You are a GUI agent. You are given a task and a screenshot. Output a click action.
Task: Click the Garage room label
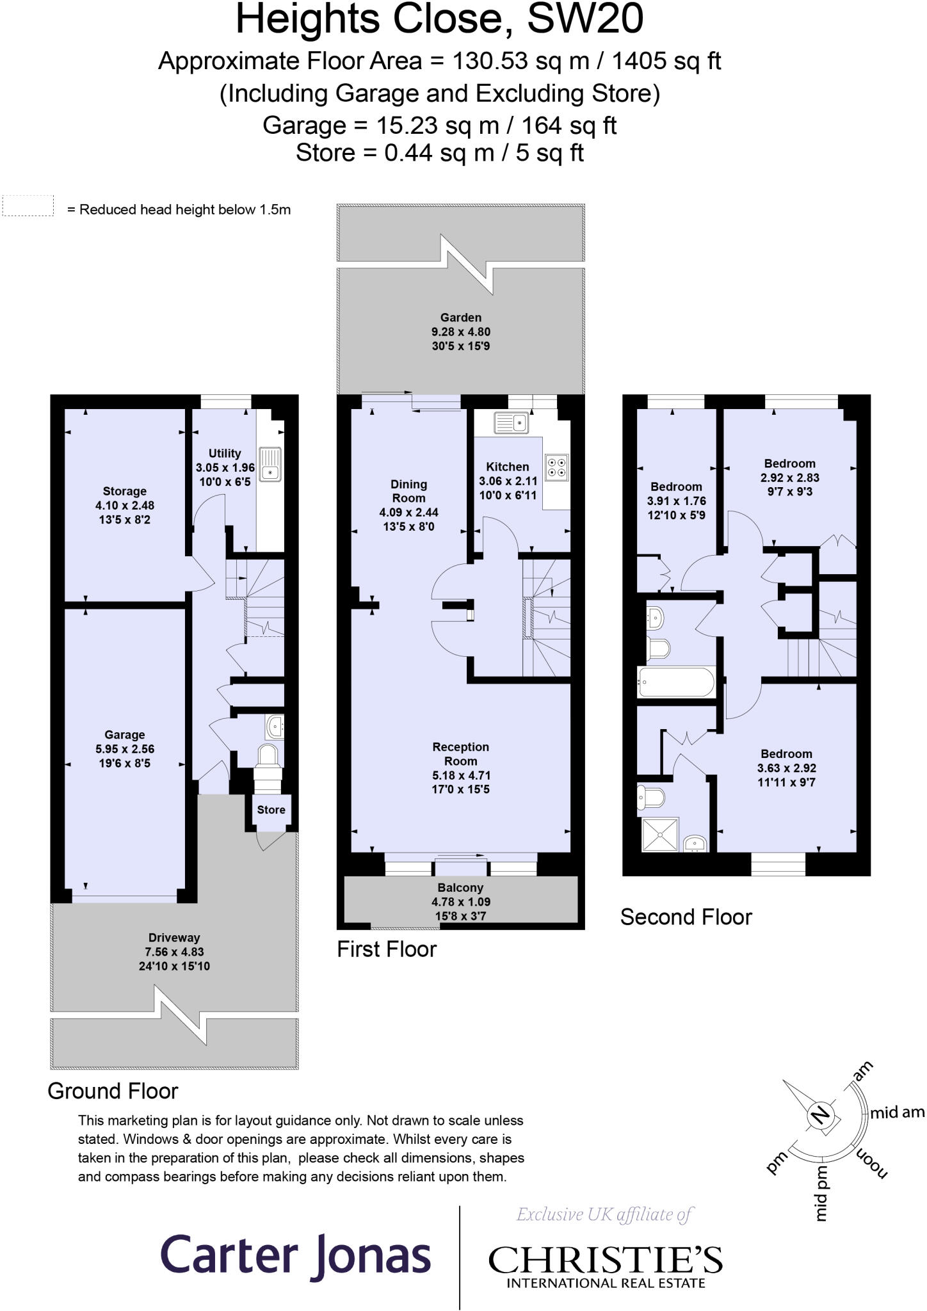click(124, 735)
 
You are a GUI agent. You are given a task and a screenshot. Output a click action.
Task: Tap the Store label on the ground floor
click(271, 810)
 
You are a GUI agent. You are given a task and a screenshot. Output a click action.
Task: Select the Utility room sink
click(271, 465)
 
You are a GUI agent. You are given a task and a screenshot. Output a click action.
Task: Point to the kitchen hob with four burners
click(556, 467)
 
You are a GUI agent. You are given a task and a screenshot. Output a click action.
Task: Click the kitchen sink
click(510, 422)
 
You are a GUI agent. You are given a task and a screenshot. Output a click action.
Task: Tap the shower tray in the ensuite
click(659, 834)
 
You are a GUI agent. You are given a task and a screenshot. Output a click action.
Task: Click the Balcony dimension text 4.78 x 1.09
click(460, 902)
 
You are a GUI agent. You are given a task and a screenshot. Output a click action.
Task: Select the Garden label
click(460, 318)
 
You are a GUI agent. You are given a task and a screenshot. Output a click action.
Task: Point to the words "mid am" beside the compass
click(897, 1113)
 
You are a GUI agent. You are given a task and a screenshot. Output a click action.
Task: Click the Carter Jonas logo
click(295, 1255)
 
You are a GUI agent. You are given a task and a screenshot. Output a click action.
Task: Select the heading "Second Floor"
click(686, 917)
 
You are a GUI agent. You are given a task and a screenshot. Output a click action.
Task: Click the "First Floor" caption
click(387, 949)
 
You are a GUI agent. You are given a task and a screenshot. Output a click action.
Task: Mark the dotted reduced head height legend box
click(28, 206)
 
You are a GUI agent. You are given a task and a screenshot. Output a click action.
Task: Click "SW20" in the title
click(584, 19)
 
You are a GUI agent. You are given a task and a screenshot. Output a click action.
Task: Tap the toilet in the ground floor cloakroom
click(268, 755)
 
